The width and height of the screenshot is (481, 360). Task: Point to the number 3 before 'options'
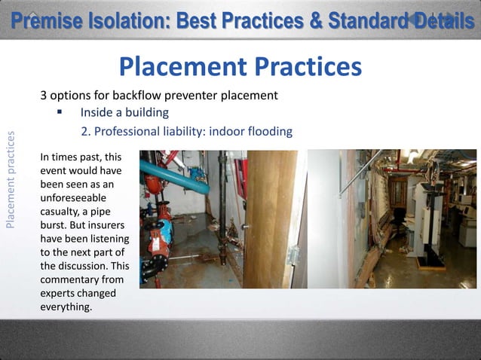pos(44,96)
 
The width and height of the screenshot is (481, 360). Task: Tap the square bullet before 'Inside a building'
pos(58,113)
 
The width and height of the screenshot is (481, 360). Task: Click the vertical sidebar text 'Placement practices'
pos(10,179)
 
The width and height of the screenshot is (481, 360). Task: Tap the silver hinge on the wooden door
pos(293,255)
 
